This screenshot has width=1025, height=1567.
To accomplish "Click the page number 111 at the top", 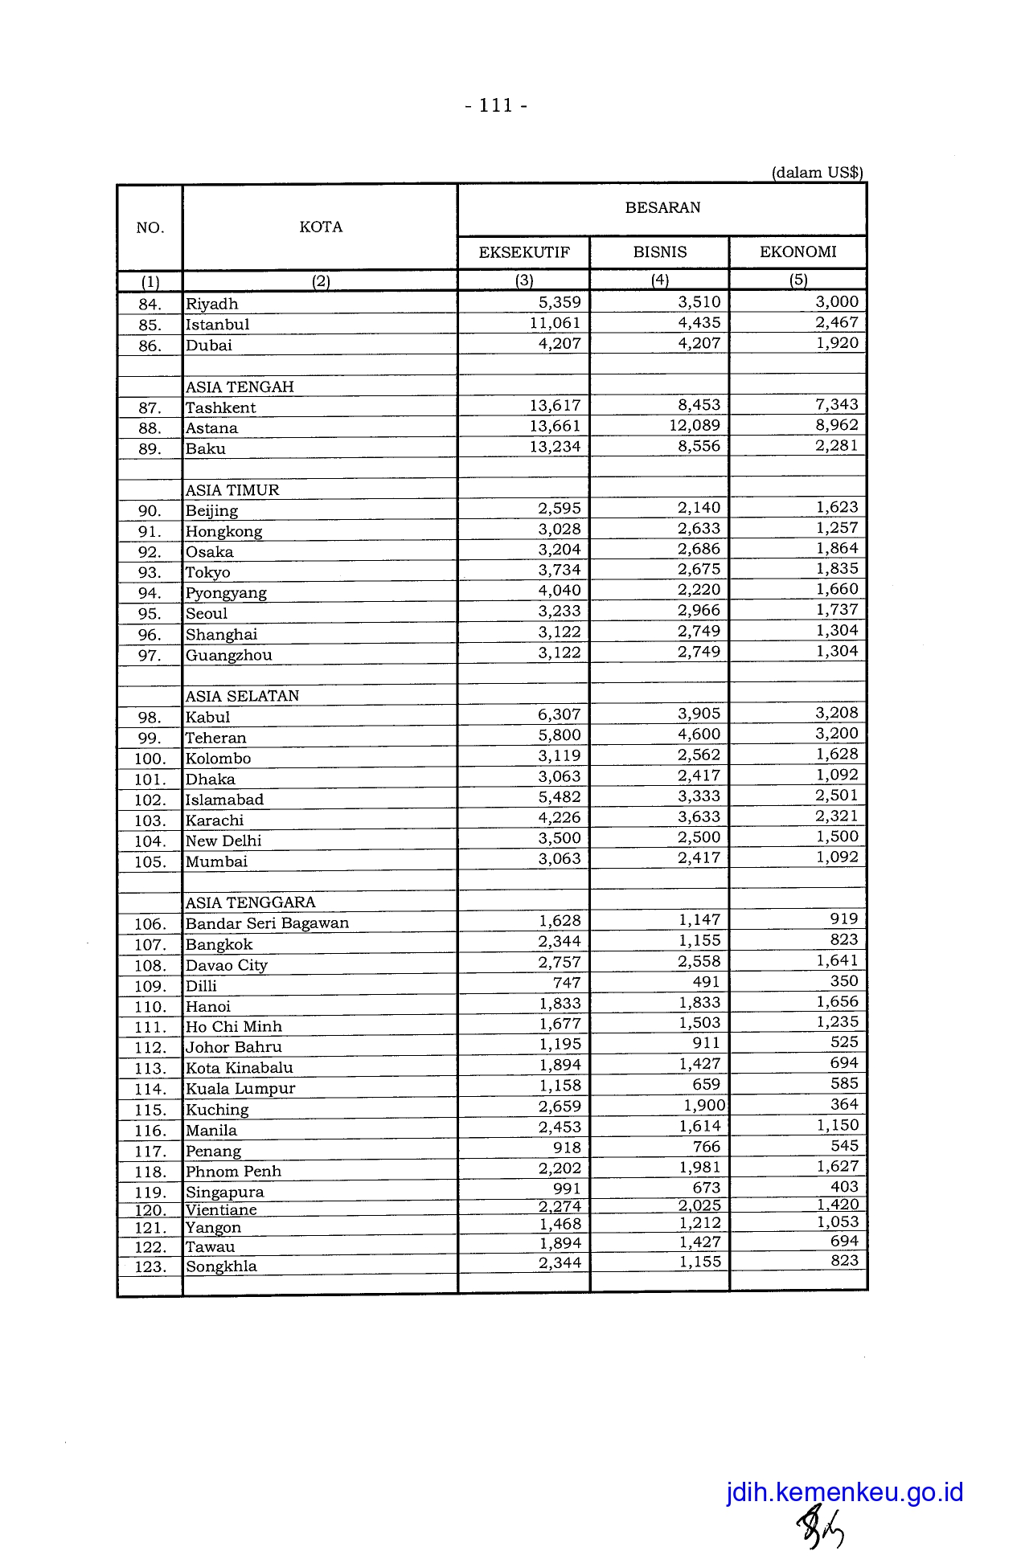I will (496, 105).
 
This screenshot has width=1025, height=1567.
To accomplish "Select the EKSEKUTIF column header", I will (524, 252).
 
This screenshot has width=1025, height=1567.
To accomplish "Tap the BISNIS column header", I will (660, 252).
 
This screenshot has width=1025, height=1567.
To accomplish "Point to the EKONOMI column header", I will (798, 252).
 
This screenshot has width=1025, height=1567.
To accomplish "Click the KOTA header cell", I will (321, 227).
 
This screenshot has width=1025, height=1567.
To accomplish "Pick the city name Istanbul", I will (217, 325).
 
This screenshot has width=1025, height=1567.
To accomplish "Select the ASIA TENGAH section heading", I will (240, 387).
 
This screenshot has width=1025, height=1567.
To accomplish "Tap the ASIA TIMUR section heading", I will (232, 490).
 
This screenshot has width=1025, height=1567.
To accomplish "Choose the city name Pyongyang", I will (226, 593).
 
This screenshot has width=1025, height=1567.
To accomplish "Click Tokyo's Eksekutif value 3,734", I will (560, 570).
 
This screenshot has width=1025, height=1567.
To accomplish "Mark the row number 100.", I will (150, 759).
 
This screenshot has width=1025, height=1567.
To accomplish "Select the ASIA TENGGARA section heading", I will (250, 902).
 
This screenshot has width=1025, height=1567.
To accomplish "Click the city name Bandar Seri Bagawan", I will (267, 923).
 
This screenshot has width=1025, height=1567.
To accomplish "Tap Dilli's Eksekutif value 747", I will (567, 982).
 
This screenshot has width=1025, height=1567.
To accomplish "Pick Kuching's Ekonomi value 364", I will (844, 1105).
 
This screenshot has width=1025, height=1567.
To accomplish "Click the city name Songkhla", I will (221, 1266).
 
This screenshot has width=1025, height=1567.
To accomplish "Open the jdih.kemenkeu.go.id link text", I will (844, 1492).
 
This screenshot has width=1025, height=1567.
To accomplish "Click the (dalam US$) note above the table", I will (817, 173).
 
